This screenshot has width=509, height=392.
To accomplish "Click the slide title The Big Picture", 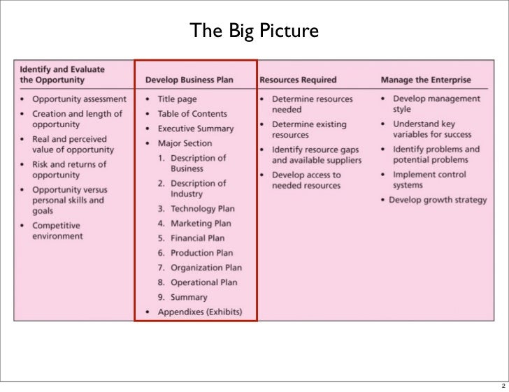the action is [254, 31].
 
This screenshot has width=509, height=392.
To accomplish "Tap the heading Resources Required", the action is [298, 80].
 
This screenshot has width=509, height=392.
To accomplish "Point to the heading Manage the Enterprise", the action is [426, 80].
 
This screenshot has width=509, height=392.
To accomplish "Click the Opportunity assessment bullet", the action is [79, 99].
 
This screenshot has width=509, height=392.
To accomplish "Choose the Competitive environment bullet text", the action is [57, 231].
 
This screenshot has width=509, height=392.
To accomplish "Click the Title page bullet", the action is [177, 99].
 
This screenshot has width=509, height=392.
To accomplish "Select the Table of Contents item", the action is [192, 114].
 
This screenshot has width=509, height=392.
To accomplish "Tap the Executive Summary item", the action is [195, 129].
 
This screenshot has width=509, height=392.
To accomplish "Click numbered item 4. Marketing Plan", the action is [194, 224].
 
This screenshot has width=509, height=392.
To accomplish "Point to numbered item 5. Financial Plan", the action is [192, 238].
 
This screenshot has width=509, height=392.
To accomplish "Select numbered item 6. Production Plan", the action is [195, 253].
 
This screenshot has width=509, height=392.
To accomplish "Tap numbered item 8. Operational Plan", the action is [197, 282].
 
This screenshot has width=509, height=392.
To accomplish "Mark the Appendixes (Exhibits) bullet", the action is [199, 312].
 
